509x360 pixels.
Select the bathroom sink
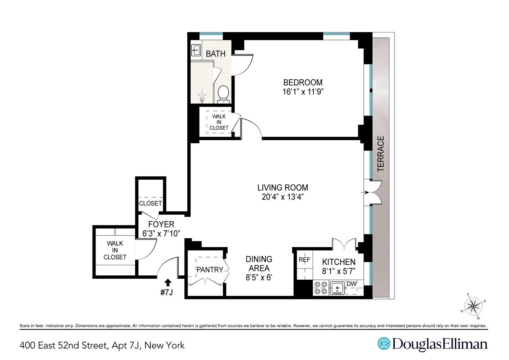(196, 50)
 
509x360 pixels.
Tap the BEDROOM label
(303, 82)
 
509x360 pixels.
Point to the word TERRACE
(381, 153)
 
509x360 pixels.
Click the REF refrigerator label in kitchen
(304, 260)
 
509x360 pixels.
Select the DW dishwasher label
(351, 284)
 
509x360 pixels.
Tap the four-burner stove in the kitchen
(321, 288)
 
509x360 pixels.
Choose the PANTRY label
(210, 270)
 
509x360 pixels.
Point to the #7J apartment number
(167, 292)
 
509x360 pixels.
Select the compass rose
(473, 307)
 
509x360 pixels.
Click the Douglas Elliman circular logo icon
(384, 344)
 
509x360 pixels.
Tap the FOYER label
(161, 224)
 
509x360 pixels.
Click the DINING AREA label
(259, 264)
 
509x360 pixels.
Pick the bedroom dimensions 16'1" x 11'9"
(303, 92)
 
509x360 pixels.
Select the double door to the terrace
(372, 193)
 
